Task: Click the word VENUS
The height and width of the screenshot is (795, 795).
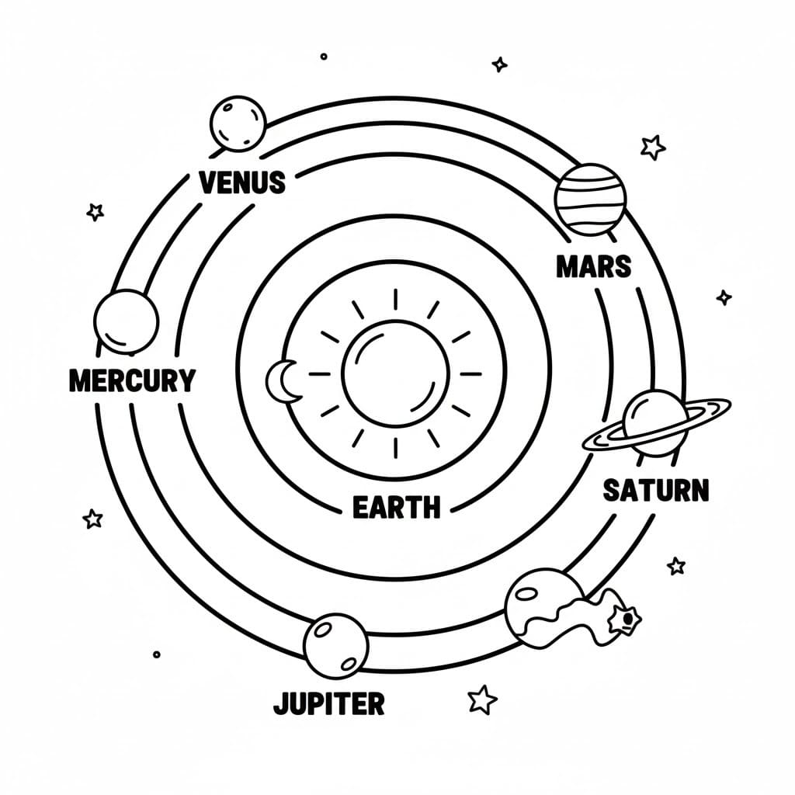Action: tap(242, 182)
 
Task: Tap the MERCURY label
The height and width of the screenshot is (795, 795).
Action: tap(132, 380)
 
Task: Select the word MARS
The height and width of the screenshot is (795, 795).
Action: tap(594, 267)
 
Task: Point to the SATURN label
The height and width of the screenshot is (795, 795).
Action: tap(656, 491)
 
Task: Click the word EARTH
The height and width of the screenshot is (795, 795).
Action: tap(396, 508)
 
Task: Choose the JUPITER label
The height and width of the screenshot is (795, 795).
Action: tap(328, 703)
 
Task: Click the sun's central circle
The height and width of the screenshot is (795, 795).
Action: tap(395, 373)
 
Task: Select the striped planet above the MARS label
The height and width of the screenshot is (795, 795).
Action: tap(590, 199)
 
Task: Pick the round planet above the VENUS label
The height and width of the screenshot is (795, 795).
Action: tap(238, 123)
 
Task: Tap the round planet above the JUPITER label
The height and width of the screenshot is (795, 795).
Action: tap(335, 645)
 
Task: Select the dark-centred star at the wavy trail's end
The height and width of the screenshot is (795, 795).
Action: tap(623, 618)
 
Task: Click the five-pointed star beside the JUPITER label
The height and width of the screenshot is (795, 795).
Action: tap(482, 699)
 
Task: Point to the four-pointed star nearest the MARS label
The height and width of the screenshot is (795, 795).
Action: tap(724, 297)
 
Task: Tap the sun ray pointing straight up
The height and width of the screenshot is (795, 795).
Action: tap(395, 301)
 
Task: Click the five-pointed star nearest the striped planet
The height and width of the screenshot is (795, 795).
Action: tap(653, 146)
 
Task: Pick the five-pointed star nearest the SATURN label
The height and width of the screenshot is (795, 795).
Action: tap(676, 565)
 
